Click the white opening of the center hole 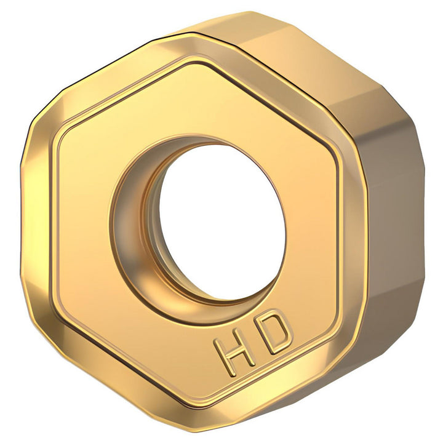(x=221, y=220)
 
